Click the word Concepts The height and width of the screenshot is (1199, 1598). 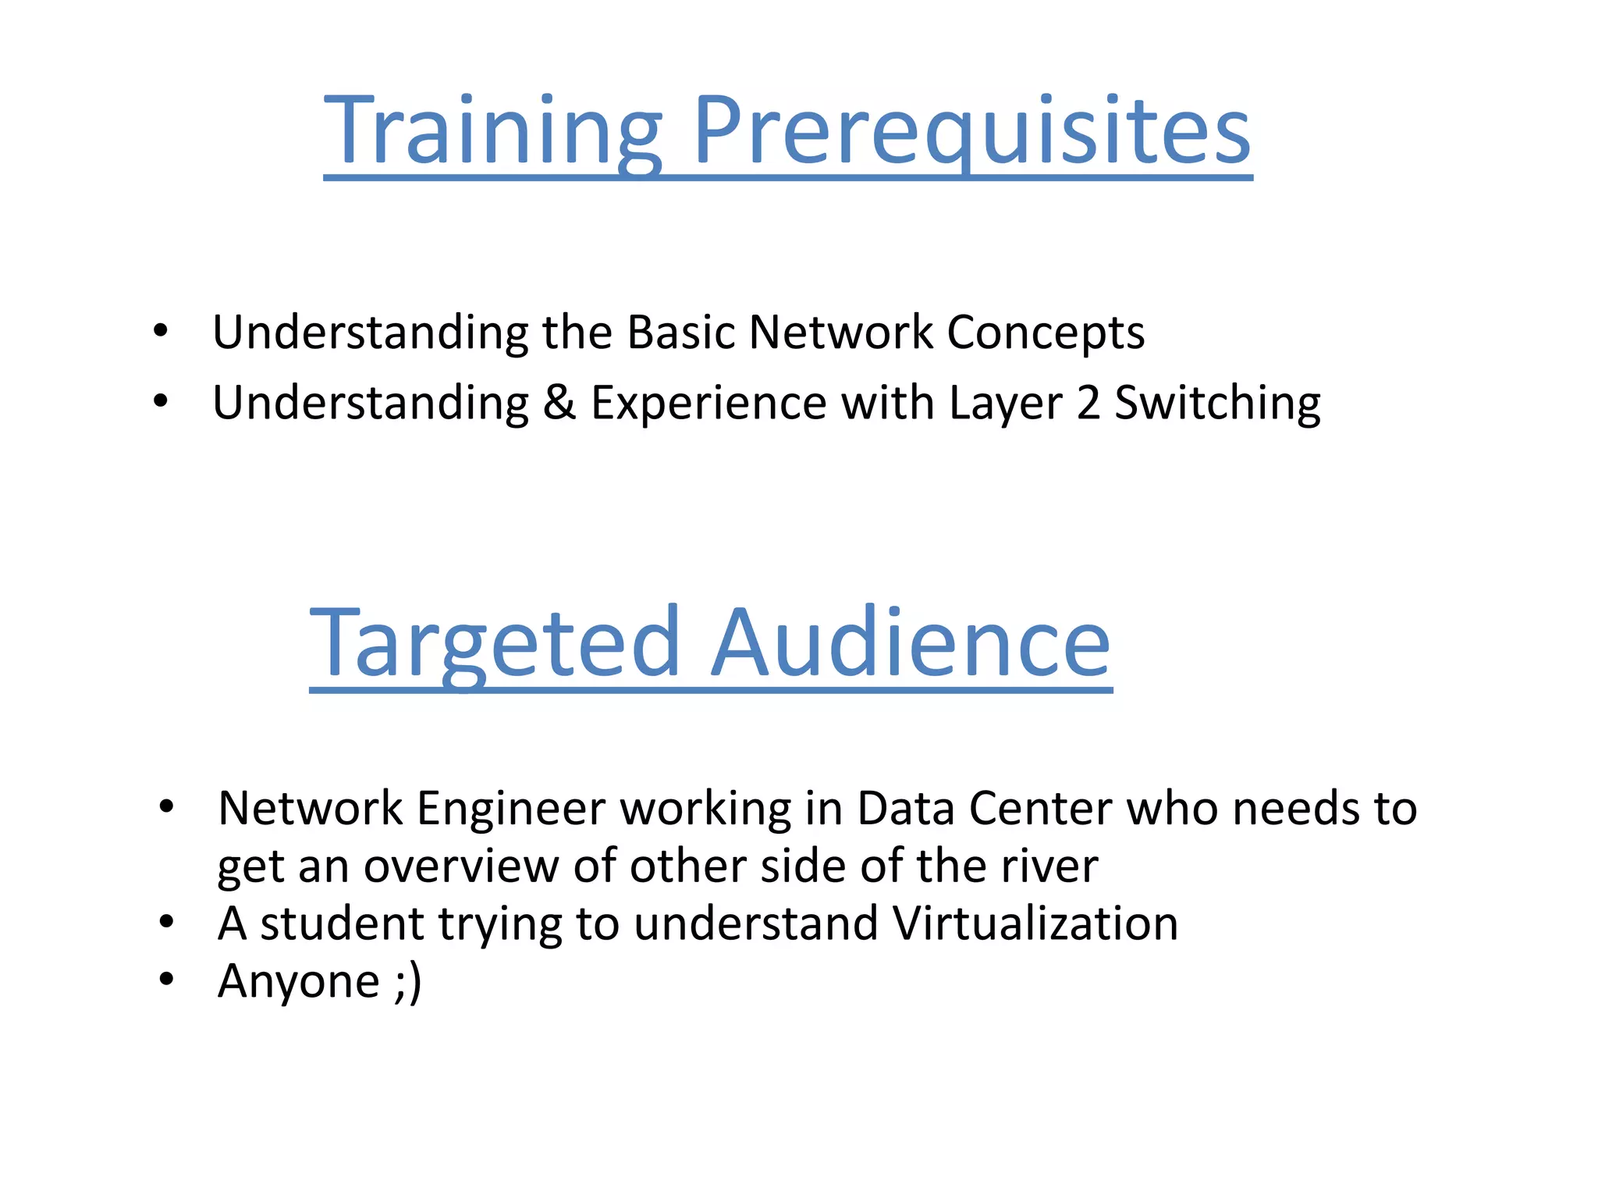click(1046, 333)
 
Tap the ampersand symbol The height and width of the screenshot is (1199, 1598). click(559, 403)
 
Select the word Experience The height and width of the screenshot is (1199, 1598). click(708, 403)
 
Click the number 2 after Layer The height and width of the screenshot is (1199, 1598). click(1088, 403)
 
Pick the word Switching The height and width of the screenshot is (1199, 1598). click(1217, 404)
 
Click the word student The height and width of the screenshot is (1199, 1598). click(342, 923)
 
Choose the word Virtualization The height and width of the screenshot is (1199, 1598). click(1035, 923)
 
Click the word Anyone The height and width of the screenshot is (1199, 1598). click(299, 982)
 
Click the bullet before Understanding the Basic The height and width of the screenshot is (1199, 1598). click(161, 331)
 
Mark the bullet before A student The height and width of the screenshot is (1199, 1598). click(166, 922)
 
